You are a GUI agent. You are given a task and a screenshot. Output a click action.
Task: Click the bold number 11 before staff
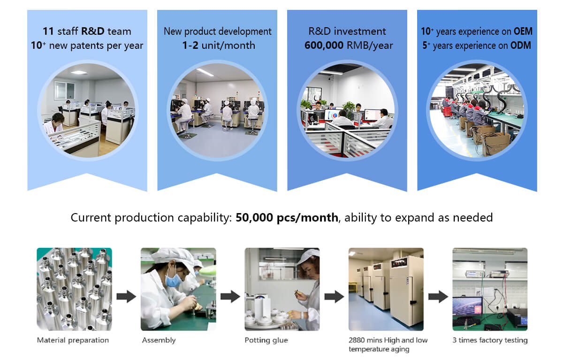(x=48, y=31)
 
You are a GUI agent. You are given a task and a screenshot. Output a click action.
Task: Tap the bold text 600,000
(x=324, y=46)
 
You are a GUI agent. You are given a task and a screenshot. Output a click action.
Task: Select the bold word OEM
(x=523, y=31)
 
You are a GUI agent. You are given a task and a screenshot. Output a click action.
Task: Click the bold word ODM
(x=520, y=46)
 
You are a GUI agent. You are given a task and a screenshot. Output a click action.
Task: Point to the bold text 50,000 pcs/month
(x=287, y=217)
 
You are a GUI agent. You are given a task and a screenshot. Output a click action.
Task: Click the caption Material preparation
(x=73, y=340)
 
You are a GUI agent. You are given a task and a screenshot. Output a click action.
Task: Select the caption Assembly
(x=159, y=340)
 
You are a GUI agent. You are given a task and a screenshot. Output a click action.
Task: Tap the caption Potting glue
(x=266, y=340)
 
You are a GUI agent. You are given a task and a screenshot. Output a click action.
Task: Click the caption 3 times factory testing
(x=490, y=340)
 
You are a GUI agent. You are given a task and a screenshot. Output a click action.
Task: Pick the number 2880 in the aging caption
(x=357, y=340)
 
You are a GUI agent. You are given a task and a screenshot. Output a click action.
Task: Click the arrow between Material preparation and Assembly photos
(x=126, y=296)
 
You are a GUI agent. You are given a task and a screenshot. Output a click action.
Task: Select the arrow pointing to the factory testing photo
(x=438, y=296)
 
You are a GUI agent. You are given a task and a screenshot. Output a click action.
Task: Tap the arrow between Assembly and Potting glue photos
(x=230, y=296)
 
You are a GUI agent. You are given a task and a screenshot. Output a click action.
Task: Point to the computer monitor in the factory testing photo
(x=467, y=306)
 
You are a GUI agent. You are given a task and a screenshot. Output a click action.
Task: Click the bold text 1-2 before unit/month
(x=190, y=46)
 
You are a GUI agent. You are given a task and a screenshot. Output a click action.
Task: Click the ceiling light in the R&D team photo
(x=79, y=72)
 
